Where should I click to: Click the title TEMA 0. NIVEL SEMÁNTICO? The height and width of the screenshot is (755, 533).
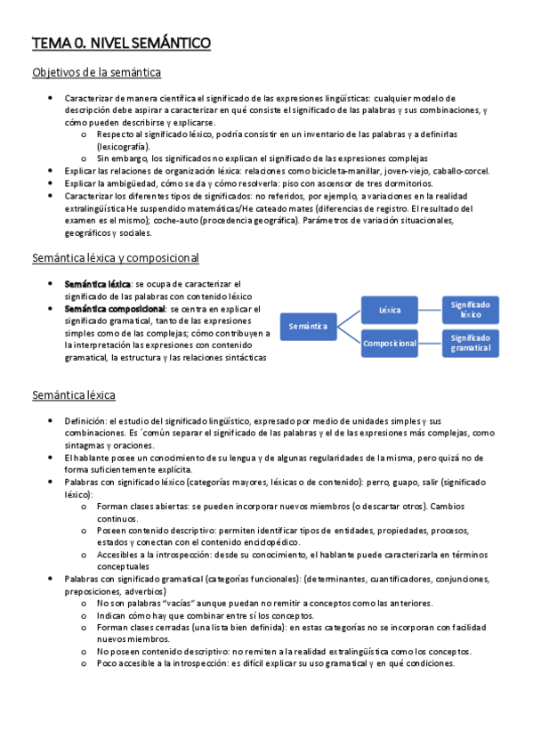(121, 42)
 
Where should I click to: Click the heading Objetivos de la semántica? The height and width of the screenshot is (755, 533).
(96, 72)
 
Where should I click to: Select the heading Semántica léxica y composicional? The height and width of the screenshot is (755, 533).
(115, 258)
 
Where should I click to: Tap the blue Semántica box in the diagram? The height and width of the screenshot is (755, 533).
(308, 327)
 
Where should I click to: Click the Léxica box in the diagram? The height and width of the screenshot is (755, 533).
(390, 310)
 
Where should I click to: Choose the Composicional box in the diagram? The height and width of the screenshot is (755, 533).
(390, 343)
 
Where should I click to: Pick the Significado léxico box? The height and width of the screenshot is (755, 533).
(471, 310)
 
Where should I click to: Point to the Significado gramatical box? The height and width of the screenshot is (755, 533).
(471, 343)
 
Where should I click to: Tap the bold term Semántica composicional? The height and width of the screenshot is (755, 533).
(114, 309)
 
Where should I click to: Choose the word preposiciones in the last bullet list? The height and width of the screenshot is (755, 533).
(97, 591)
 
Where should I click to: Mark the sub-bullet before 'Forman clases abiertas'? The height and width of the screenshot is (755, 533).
(83, 506)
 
